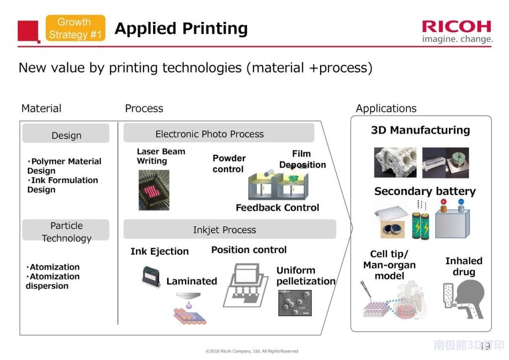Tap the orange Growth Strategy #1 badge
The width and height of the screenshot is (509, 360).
pyautogui.click(x=76, y=28)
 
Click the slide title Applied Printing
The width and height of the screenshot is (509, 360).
pyautogui.click(x=181, y=28)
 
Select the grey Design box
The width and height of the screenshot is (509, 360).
pyautogui.click(x=66, y=134)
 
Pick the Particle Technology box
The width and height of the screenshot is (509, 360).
pyautogui.click(x=66, y=231)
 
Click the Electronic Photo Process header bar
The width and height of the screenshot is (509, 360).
pyautogui.click(x=219, y=133)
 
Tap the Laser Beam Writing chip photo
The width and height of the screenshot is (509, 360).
pyautogui.click(x=154, y=189)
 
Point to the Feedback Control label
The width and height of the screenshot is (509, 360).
pyautogui.click(x=277, y=207)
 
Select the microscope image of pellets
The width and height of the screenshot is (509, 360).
pyautogui.click(x=295, y=303)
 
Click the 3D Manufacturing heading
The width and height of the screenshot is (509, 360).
pyautogui.click(x=420, y=130)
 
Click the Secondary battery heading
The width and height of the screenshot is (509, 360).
pyautogui.click(x=424, y=191)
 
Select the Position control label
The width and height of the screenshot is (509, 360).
pyautogui.click(x=249, y=250)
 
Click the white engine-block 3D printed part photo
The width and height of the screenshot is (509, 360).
pyautogui.click(x=395, y=162)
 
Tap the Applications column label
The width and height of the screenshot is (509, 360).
pyautogui.click(x=386, y=108)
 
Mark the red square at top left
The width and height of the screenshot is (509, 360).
pyautogui.click(x=28, y=31)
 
